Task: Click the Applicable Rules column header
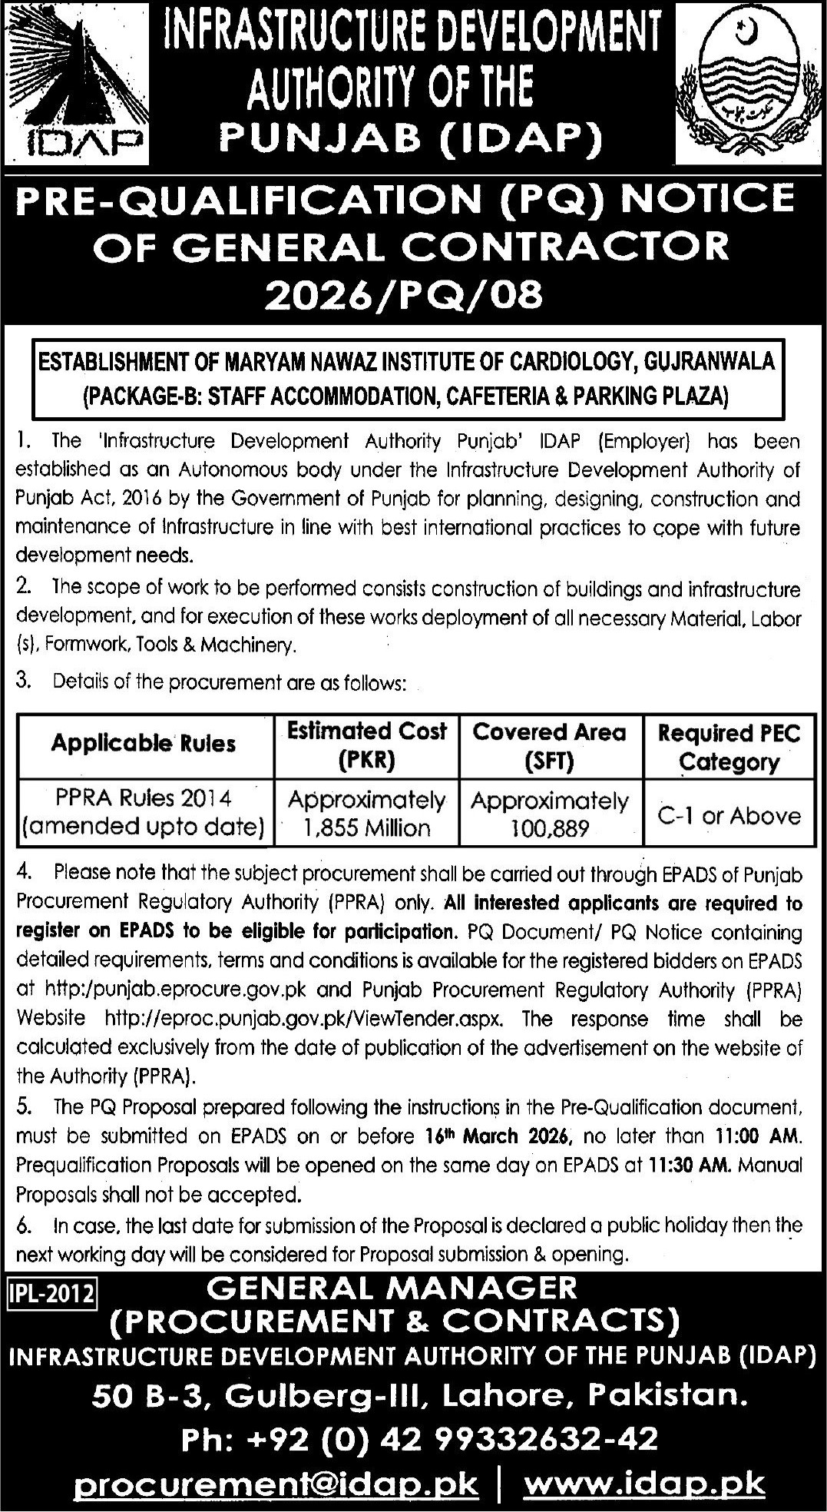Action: click(144, 744)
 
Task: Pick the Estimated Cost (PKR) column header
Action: click(366, 745)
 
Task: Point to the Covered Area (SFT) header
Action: click(549, 745)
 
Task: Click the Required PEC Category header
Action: click(729, 747)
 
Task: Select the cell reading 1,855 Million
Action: click(366, 827)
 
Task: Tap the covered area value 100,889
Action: click(549, 827)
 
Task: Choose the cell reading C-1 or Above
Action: click(729, 814)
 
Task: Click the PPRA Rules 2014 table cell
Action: click(144, 814)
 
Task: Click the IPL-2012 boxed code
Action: click(51, 1294)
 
